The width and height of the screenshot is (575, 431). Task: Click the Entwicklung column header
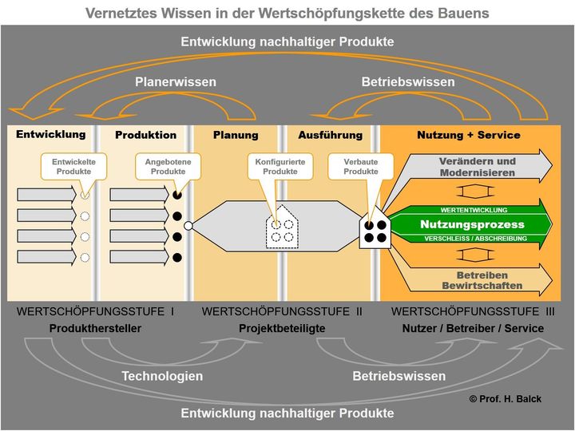point(50,134)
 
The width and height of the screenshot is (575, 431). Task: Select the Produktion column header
point(145,135)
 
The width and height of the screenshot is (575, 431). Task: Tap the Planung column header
point(236,135)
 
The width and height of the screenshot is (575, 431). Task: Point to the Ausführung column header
point(330,135)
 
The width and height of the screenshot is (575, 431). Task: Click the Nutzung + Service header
point(468,135)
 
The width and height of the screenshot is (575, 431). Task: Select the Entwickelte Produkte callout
point(73,166)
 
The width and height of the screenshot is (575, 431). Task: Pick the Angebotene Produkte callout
point(168,166)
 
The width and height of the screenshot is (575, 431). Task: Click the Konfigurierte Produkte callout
point(280,166)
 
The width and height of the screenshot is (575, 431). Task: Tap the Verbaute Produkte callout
point(361,166)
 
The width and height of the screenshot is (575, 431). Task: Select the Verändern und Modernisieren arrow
point(478,167)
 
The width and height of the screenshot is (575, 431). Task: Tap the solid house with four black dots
point(375,230)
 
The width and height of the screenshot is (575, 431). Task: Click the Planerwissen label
point(176,81)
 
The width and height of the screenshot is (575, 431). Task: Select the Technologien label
point(162,376)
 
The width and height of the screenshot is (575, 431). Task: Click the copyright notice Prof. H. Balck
point(505,399)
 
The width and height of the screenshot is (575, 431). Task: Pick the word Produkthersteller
point(95,328)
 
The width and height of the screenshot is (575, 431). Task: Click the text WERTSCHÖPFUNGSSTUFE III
point(474,311)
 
